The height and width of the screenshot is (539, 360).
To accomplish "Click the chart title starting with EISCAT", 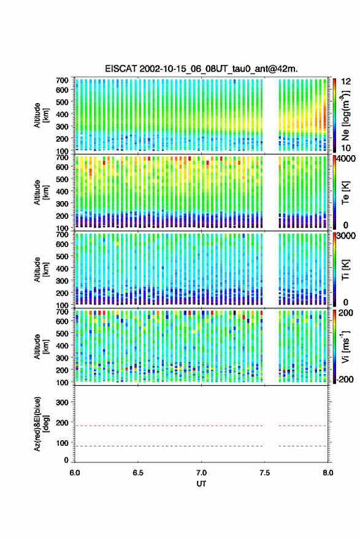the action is point(201,69).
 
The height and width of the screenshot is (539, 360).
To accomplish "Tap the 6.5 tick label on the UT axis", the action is point(138,473).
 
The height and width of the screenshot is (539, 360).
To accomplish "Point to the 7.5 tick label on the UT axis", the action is point(264,473).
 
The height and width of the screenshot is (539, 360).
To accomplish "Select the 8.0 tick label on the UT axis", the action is point(328,473).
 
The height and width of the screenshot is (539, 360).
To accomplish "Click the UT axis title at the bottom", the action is point(201,484).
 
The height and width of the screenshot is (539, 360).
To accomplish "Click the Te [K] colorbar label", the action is point(345,193).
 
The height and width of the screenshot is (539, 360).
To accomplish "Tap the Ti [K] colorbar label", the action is point(345,270).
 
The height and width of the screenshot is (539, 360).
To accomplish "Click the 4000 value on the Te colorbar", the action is point(345,159).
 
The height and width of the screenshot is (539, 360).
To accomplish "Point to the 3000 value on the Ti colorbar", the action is point(345,236).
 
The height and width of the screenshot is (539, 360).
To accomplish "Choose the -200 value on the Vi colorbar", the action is point(345,380).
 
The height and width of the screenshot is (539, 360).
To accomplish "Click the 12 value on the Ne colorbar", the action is point(346,82).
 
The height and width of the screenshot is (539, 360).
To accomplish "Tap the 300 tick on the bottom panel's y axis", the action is point(62,402).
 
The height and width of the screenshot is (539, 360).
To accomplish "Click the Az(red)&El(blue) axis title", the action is point(41,424).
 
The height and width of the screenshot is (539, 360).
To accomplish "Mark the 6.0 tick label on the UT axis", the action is point(75,473).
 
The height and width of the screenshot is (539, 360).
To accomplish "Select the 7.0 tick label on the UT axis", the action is point(201,473).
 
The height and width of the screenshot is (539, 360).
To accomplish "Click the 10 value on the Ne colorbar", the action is point(346,148).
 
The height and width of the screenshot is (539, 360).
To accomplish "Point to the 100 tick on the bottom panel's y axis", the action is point(62,443).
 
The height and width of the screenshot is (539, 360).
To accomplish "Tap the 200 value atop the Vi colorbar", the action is point(345,313).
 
